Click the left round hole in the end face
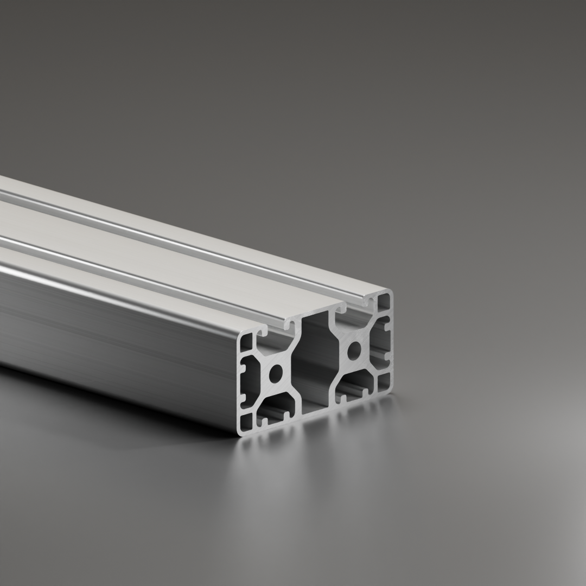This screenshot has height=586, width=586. coord(276,374)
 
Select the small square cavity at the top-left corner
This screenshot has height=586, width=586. coord(246,342)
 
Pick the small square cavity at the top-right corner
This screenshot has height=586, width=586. coord(384,302)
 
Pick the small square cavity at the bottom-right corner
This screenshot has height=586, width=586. coord(384,382)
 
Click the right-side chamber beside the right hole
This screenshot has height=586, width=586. coord(380,342)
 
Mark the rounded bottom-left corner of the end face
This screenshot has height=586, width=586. coord(240,432)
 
